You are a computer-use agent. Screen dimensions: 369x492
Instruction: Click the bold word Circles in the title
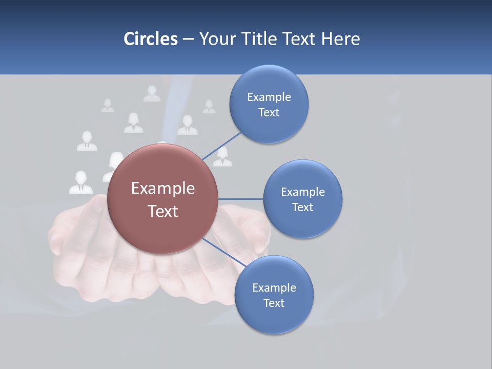(151, 39)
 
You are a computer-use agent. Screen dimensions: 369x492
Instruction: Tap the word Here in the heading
(340, 39)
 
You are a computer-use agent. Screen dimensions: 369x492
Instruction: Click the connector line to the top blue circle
(221, 146)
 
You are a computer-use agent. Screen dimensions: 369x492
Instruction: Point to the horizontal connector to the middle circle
(240, 199)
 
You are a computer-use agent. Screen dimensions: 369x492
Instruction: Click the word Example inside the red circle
(162, 189)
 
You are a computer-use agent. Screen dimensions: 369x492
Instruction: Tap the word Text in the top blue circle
(269, 113)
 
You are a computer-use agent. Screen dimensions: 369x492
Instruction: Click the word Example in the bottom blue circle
(274, 288)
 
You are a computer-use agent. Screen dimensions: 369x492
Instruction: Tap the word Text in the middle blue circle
(302, 207)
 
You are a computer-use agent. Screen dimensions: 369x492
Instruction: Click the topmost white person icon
(152, 94)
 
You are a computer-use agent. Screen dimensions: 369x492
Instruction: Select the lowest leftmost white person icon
(81, 183)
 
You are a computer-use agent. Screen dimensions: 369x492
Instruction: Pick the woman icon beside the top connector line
(222, 157)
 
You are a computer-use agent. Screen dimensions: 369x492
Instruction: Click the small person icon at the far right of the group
(209, 107)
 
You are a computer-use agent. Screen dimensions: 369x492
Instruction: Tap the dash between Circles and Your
(188, 39)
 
